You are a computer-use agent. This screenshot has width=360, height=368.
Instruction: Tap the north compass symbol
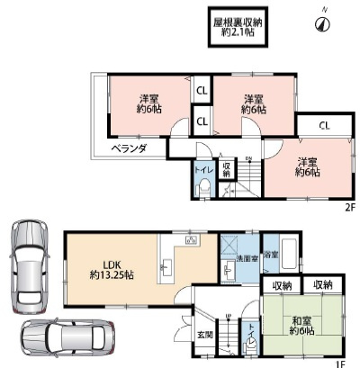[x=319, y=24]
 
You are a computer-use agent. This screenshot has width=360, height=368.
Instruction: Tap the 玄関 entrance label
[x=206, y=336]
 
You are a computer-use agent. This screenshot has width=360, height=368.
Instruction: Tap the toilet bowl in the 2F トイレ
[x=205, y=188]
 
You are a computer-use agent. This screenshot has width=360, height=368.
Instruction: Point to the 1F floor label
[x=339, y=364]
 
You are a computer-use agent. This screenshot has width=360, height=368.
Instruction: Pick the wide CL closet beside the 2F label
[x=323, y=124]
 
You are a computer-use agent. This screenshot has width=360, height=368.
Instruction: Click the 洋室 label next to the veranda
[x=147, y=104]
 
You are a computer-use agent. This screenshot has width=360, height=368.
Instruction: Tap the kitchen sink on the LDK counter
[x=166, y=268]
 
